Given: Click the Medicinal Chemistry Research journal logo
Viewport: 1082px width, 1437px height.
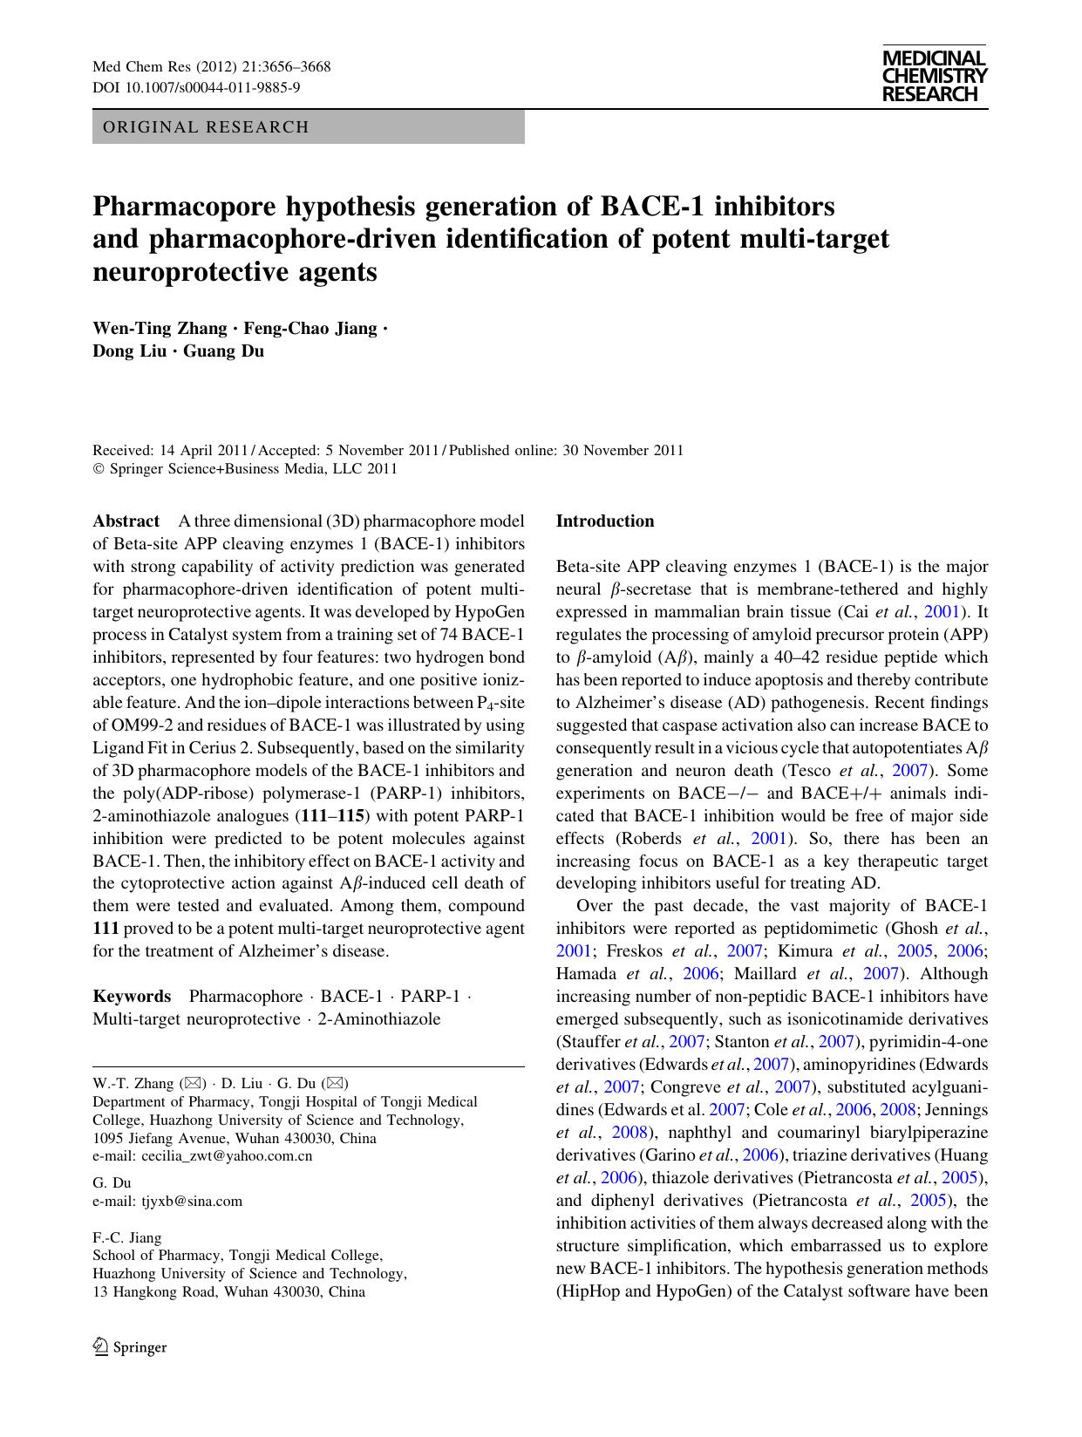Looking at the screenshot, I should (934, 76).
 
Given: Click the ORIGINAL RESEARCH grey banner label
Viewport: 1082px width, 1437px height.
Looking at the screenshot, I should (206, 127).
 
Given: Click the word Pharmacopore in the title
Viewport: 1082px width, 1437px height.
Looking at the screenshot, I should (180, 207).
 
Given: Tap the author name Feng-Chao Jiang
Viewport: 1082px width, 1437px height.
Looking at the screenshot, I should (310, 329).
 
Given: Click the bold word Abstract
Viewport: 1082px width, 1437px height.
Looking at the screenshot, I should (126, 521).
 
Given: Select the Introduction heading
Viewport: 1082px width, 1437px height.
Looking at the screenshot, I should (605, 521).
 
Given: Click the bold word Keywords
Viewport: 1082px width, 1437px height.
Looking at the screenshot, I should (132, 997).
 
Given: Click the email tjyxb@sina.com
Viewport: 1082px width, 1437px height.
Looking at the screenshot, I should (192, 1201).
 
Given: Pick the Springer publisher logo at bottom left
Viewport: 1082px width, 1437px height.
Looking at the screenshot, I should (130, 1347).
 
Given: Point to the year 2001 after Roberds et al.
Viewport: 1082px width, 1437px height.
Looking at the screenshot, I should (770, 839).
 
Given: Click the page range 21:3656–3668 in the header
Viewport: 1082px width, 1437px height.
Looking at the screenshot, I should (282, 67).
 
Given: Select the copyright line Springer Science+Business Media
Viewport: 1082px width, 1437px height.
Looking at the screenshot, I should (251, 469).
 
